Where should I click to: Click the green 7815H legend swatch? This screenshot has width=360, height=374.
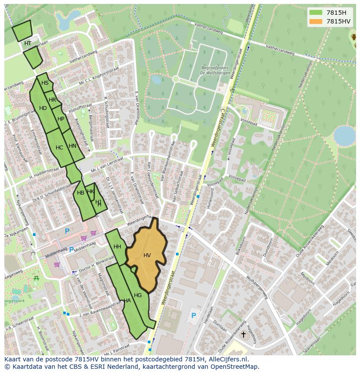[x=316, y=12]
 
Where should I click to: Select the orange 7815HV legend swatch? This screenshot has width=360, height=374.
[x=316, y=21]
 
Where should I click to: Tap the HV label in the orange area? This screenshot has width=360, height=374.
[x=147, y=255]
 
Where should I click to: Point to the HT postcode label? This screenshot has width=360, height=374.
[x=28, y=43]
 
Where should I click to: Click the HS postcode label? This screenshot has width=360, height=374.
[x=45, y=83]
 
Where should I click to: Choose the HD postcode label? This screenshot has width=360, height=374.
[x=43, y=108]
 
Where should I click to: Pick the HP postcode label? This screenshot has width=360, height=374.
[x=61, y=119]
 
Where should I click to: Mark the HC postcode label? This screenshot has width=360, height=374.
[x=60, y=148]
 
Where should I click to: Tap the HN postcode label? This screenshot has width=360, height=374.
[x=73, y=146]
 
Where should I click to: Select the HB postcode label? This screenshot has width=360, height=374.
[x=80, y=193]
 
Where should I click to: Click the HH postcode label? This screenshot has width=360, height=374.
[x=117, y=247]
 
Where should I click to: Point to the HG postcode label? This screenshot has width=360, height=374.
[x=138, y=295]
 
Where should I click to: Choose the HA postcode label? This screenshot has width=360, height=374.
[x=127, y=300]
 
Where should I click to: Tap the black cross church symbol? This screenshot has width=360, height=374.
[x=243, y=334]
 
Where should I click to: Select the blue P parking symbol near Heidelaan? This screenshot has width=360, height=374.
[x=193, y=315]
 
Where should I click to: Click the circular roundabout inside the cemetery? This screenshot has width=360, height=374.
[x=176, y=79]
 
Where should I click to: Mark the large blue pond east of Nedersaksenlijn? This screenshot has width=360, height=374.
[x=344, y=136]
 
